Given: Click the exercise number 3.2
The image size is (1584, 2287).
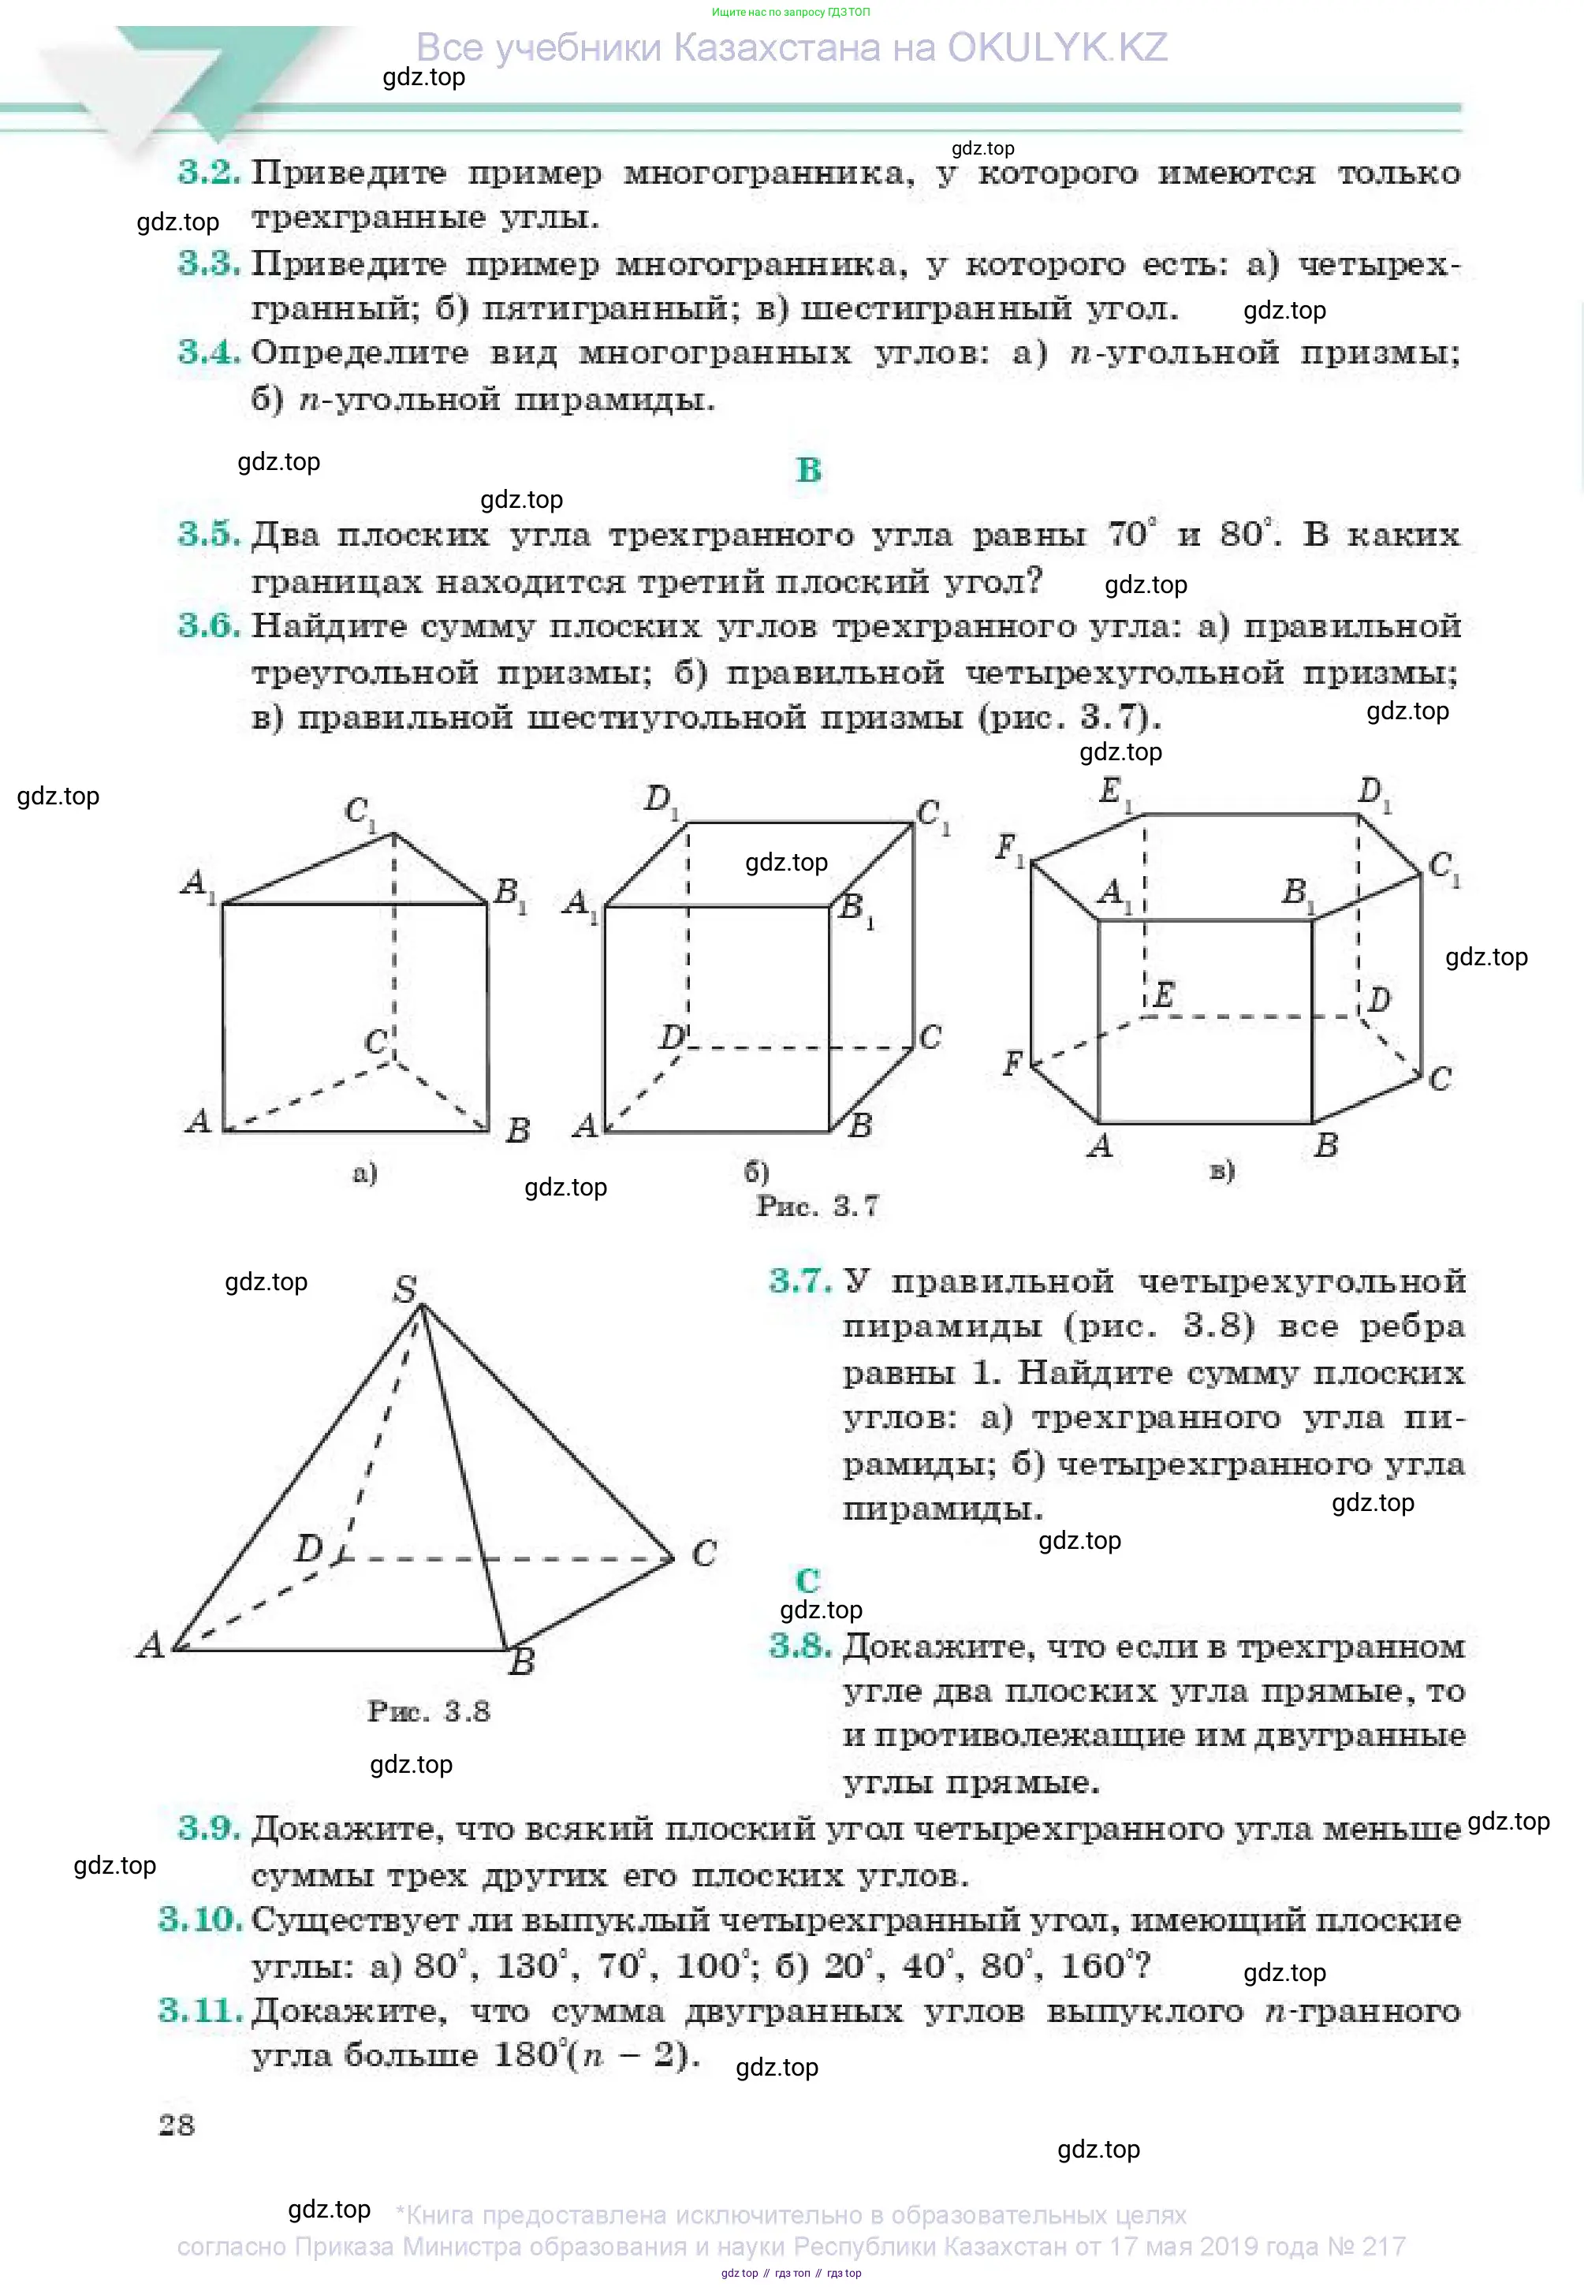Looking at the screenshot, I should pos(208,173).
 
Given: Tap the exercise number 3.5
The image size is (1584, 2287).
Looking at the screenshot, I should pos(208,534).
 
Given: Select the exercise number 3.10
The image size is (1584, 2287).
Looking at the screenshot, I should pos(200,1919).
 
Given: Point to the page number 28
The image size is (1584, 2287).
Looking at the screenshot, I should pos(177,2125).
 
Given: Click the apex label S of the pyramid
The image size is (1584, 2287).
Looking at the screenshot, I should pos(405,1289).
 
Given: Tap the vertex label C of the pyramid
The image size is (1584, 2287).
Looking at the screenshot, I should pos(703,1553).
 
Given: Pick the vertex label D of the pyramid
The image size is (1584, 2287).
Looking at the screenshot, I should pos(308,1546).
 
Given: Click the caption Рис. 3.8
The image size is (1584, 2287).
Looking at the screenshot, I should pos(429,1711).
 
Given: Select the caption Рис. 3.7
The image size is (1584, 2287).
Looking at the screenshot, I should pos(817,1206).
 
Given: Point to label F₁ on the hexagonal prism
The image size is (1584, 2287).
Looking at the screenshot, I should pos(1009,848).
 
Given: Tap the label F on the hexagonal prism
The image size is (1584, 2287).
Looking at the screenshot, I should pos(1012,1063).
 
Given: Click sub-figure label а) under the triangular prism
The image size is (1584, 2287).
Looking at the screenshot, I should pos(365,1173).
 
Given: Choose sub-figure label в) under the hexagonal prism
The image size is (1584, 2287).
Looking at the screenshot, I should pos(1222,1170).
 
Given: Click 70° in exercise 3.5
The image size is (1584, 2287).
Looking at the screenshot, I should pos(1131,534).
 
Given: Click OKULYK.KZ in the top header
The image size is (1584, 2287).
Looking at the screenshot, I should pos(1057,47).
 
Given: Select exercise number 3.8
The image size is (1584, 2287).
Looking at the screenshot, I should pos(800,1646).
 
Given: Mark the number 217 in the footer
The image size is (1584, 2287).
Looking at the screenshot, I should pos(1380,2246).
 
